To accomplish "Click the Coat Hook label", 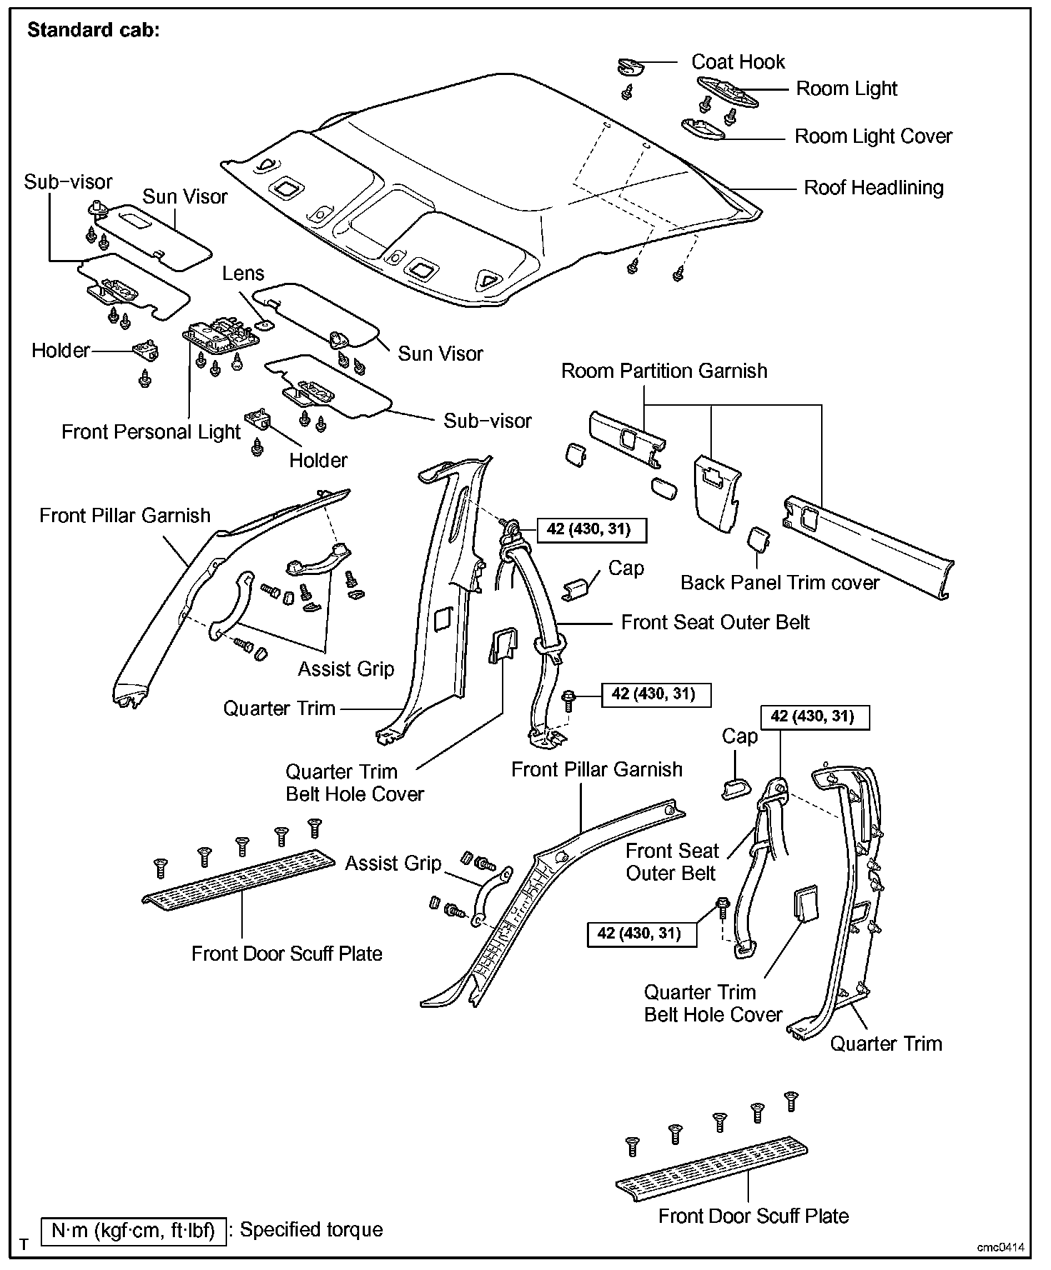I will (738, 62).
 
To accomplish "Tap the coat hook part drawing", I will (630, 66).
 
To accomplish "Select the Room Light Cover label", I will (873, 136).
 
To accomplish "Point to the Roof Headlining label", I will (873, 188).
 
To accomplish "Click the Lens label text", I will (243, 274).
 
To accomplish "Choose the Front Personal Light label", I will (151, 432).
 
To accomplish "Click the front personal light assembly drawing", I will (217, 336).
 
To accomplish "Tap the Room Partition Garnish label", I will (664, 371).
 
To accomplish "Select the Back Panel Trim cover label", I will (780, 583).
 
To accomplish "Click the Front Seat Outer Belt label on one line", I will (715, 623).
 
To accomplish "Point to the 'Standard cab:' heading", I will (94, 31).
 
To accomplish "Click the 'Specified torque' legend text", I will (311, 1229).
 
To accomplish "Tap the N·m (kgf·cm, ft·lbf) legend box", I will (134, 1231).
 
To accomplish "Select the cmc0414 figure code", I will (1001, 1247).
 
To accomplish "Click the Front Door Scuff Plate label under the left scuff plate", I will (286, 954).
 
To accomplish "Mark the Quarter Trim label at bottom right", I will (885, 1044).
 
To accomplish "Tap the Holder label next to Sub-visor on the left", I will (61, 351).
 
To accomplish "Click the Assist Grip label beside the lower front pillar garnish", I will (393, 864).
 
